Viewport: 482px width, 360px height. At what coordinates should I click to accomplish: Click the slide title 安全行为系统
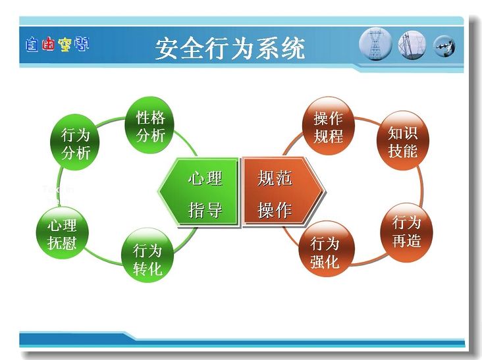[230, 48]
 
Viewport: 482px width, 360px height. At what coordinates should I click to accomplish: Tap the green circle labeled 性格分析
[149, 125]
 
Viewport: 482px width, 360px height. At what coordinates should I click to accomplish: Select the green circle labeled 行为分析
[74, 143]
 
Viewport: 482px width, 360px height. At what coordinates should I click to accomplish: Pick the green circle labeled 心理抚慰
[63, 233]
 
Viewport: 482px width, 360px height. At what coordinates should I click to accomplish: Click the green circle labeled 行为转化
[147, 255]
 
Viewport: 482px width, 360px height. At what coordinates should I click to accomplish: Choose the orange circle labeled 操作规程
[329, 126]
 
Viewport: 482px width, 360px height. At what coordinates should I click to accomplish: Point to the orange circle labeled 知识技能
[403, 141]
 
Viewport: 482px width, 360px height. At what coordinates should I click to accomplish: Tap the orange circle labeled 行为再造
[406, 232]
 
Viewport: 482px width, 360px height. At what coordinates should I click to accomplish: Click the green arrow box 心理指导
[199, 192]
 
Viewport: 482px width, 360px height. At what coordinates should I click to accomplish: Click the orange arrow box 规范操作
[282, 192]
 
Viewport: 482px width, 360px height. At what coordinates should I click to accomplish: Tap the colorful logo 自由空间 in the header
[57, 45]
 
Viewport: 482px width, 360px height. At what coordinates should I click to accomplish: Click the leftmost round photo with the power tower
[375, 44]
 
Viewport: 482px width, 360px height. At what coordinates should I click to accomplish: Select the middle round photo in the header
[412, 45]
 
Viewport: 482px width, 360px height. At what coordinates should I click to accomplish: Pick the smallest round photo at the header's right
[444, 46]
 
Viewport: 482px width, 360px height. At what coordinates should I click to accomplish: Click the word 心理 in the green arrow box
[205, 178]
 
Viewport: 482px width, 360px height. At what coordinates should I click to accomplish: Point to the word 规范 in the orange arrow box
[275, 178]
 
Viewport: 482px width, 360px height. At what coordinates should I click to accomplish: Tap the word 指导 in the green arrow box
[205, 210]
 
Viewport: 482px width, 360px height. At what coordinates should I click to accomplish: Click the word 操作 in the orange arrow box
[275, 210]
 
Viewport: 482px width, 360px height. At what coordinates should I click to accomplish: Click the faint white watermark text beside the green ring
[58, 194]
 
